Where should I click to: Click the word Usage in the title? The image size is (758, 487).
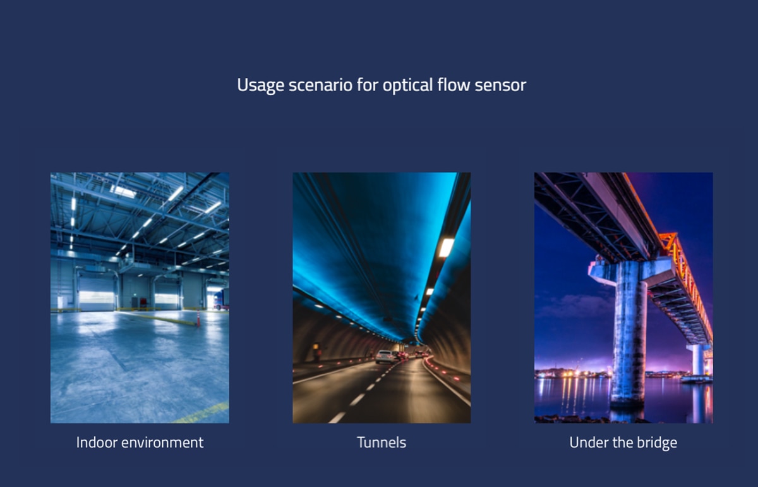click(x=260, y=85)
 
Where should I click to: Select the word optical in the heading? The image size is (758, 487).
click(x=407, y=85)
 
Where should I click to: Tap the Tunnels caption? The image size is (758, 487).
click(x=382, y=443)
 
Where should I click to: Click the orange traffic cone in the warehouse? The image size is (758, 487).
click(x=198, y=319)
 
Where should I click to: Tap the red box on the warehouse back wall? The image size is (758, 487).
click(x=143, y=302)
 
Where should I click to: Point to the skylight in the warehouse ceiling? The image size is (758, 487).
click(x=123, y=192)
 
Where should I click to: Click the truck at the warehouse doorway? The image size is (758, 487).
click(x=221, y=299)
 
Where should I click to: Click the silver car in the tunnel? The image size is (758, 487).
click(x=385, y=357)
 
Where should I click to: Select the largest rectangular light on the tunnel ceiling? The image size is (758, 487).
click(x=447, y=247)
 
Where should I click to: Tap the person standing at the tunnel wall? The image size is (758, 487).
click(x=316, y=352)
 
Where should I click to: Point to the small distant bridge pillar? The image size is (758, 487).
click(x=699, y=361)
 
